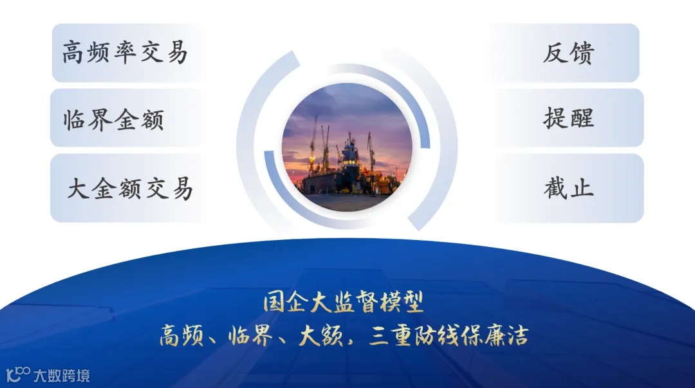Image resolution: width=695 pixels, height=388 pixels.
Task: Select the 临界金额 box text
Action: click(x=114, y=120)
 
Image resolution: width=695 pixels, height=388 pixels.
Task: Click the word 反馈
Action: click(x=568, y=53)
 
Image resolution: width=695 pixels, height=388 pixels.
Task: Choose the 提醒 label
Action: click(x=568, y=118)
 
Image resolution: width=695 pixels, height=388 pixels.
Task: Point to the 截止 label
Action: click(x=568, y=189)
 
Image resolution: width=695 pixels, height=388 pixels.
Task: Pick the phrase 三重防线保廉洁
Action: click(x=449, y=335)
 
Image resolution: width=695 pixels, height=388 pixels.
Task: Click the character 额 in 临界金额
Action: click(x=152, y=120)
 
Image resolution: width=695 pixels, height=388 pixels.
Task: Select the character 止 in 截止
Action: click(x=581, y=189)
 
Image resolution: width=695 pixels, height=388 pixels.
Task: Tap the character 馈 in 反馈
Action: click(x=581, y=53)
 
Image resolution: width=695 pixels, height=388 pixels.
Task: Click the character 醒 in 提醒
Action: click(x=581, y=118)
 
